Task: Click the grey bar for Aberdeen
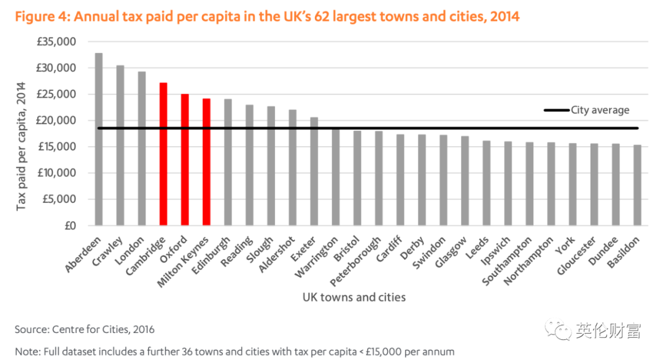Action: point(99,139)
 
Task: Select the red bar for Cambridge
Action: point(163,154)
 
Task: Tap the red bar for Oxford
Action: point(185,160)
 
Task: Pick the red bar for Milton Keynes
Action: point(206,162)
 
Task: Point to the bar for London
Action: point(142,149)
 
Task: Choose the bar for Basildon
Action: point(637,185)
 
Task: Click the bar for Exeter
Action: point(314,171)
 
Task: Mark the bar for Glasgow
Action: point(465,181)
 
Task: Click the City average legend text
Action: point(600,110)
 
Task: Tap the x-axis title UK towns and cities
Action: point(354,297)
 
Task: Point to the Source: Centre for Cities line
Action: point(85,329)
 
